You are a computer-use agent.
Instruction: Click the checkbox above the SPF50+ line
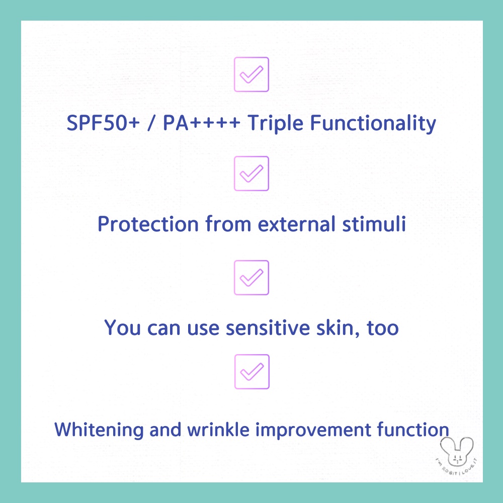251,74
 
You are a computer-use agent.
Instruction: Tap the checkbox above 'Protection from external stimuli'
251,174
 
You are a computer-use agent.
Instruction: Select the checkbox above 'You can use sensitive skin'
251,278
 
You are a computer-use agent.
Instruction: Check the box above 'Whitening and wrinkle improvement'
252,372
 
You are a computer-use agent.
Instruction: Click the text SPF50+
103,123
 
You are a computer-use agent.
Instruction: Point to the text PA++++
202,123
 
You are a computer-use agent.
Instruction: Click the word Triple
275,124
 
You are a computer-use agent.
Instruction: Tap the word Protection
148,224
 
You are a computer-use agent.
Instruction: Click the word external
297,224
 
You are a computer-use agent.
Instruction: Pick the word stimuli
374,224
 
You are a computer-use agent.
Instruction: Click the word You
122,328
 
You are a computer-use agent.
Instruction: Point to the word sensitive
268,328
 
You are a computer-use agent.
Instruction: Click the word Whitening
99,430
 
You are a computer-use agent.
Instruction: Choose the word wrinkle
218,430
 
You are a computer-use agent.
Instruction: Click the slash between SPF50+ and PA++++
151,123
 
